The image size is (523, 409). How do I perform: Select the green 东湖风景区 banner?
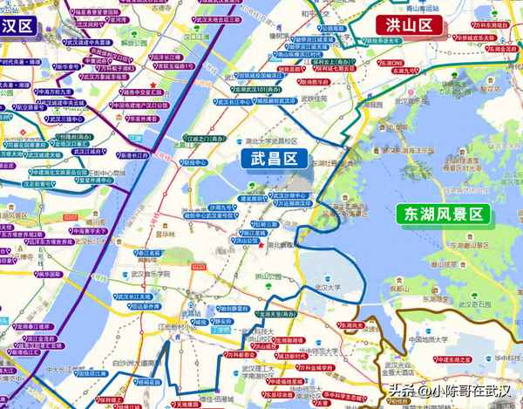[443, 215]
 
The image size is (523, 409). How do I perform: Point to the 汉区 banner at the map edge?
[17, 25]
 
